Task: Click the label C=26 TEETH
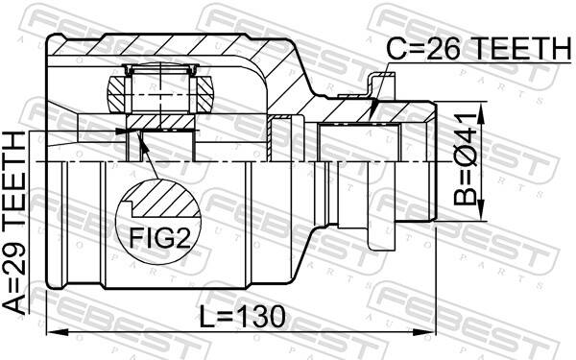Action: [478, 47]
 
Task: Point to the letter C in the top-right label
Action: [397, 47]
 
